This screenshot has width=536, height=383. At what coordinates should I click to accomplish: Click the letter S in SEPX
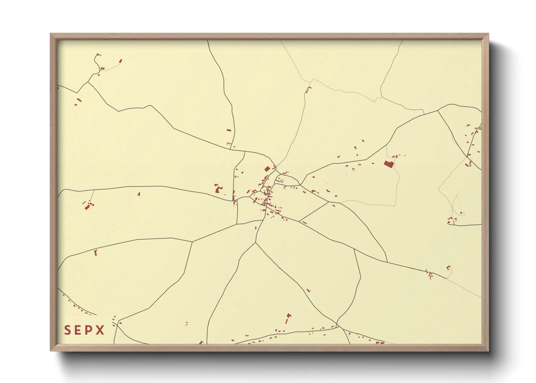pyautogui.click(x=67, y=330)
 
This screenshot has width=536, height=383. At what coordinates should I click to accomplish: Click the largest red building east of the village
pyautogui.click(x=389, y=164)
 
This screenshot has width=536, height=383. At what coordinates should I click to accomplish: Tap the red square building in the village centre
pyautogui.click(x=267, y=169)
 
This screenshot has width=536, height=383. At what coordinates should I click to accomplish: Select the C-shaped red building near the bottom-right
pyautogui.click(x=449, y=268)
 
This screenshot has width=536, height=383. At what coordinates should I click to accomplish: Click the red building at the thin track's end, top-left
pyautogui.click(x=121, y=61)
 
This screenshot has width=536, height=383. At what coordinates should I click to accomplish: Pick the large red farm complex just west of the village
pyautogui.click(x=218, y=189)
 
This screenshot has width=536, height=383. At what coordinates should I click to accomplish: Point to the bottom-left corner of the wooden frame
pyautogui.click(x=51, y=350)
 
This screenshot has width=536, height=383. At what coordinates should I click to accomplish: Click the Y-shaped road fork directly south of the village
pyautogui.click(x=256, y=243)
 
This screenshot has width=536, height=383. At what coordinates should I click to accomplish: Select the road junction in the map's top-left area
pyautogui.click(x=88, y=82)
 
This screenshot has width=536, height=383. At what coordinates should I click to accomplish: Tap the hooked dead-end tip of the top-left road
pyautogui.click(x=98, y=54)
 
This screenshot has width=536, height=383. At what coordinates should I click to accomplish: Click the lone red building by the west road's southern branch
pyautogui.click(x=96, y=253)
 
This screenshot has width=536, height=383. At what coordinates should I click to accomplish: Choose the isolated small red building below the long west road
pyautogui.click(x=139, y=194)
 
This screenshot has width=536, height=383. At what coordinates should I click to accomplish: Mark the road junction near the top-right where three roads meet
pyautogui.click(x=438, y=110)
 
